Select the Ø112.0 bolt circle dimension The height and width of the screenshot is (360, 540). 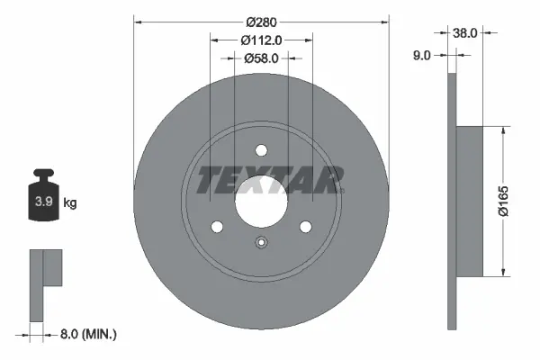pos(262,40)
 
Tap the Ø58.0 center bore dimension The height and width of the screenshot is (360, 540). pos(262,58)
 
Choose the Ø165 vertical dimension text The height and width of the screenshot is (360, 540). pos(507,201)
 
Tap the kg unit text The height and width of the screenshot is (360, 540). pos(70,203)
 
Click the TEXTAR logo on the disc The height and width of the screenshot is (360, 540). pos(269,180)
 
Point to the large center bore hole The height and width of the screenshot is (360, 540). pos(261,202)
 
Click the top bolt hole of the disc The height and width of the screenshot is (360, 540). pos(261,150)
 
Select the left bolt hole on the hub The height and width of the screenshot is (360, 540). pos(217,227)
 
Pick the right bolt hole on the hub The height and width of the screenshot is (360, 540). pos(305,227)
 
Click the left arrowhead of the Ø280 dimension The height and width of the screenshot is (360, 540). pos(138,21)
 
